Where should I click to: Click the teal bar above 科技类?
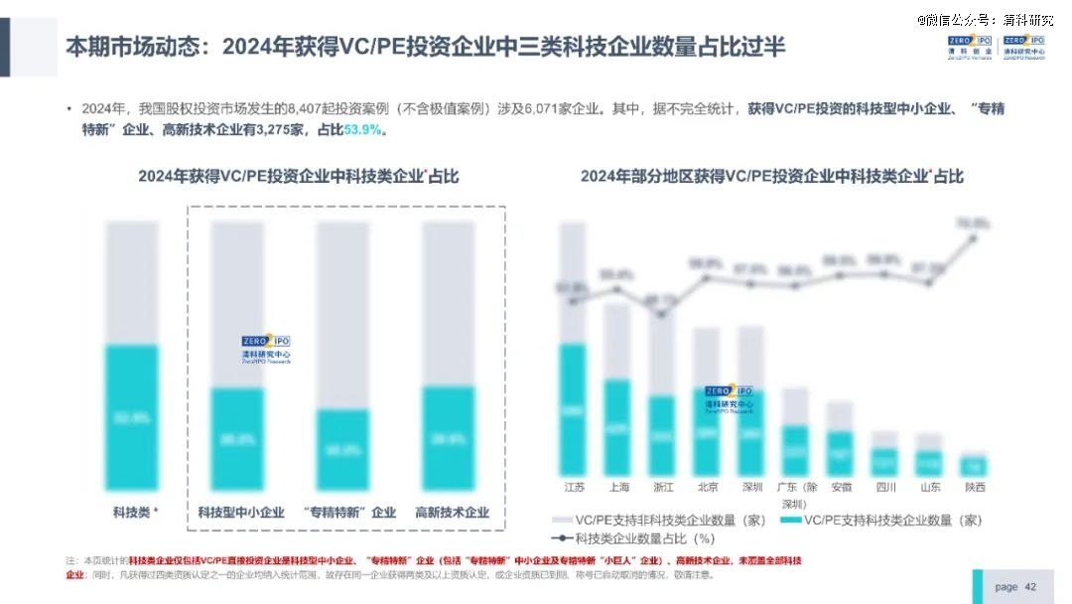click(x=132, y=417)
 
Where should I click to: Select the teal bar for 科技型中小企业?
click(x=237, y=438)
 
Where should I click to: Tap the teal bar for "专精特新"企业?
click(x=342, y=449)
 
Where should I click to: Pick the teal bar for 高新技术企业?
click(x=449, y=438)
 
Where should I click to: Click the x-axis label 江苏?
click(x=574, y=488)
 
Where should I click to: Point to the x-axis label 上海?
click(x=617, y=488)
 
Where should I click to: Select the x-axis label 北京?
click(x=708, y=488)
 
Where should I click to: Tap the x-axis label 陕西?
click(x=975, y=488)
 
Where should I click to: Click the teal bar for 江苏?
click(x=574, y=408)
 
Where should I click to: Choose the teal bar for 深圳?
click(x=751, y=432)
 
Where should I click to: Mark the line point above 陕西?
click(x=975, y=237)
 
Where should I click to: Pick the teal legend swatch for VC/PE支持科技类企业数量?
click(x=790, y=520)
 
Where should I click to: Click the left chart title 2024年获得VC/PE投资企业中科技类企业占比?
click(x=298, y=176)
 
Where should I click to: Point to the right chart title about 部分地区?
click(x=771, y=176)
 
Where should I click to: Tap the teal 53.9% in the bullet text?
click(x=362, y=130)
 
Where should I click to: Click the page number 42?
click(x=1030, y=586)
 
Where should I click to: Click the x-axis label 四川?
click(x=885, y=488)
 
